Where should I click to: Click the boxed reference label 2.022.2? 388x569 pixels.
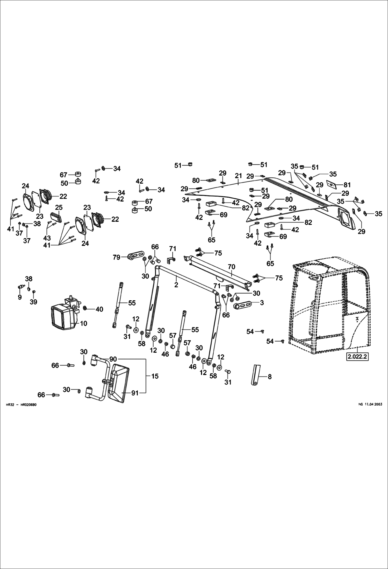[357, 357]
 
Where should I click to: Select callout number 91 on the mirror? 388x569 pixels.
[135, 393]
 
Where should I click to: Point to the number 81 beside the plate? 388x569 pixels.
[347, 185]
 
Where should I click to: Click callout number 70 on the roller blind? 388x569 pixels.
[231, 266]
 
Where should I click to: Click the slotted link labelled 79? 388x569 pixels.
[136, 257]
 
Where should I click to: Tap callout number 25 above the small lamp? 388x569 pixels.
[59, 207]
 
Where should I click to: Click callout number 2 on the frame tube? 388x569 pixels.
[176, 285]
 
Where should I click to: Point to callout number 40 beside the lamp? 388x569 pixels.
[99, 309]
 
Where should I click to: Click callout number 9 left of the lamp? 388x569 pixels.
[20, 297]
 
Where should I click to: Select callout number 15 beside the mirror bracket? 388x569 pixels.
[155, 376]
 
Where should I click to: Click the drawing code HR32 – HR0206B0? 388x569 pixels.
[21, 404]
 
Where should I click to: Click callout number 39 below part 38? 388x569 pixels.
[33, 302]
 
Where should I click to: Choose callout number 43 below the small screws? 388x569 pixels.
[47, 238]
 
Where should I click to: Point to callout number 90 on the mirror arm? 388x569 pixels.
[113, 359]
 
